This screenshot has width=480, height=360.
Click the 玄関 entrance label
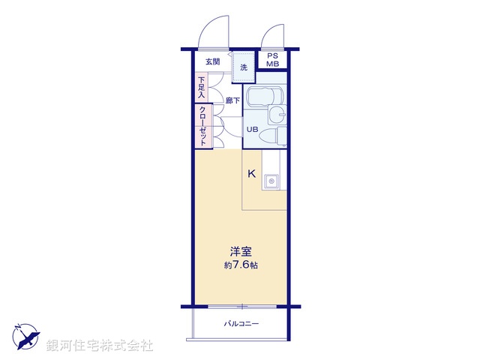tap(212, 61)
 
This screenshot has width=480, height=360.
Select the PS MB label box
tap(272, 60)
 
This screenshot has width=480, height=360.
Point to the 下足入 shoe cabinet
tap(201, 87)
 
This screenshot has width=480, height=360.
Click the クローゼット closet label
tap(202, 126)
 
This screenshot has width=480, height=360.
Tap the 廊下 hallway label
tap(232, 100)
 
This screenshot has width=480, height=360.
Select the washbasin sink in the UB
tap(278, 115)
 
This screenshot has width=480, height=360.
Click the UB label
tap(253, 129)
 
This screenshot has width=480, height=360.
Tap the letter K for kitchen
tap(252, 174)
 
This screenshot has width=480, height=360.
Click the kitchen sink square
tap(271, 181)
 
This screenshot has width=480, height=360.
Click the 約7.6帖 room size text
tap(240, 266)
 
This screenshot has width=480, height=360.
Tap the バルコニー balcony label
tap(240, 324)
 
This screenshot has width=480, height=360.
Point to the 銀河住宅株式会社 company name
tap(100, 345)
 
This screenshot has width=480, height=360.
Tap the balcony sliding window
tap(240, 307)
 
